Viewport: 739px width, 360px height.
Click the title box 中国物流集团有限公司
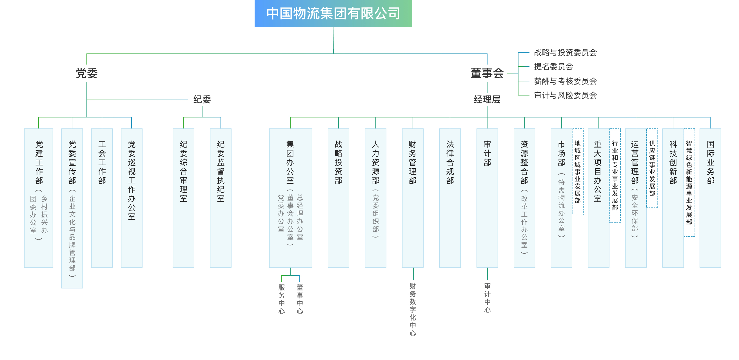(333, 14)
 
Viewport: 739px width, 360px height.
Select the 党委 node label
(87, 73)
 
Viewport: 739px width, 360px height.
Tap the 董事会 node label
(487, 73)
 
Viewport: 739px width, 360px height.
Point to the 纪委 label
(202, 99)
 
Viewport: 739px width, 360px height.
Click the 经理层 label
(487, 99)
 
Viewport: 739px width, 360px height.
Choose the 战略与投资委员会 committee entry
(565, 52)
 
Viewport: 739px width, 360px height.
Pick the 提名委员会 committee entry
(553, 66)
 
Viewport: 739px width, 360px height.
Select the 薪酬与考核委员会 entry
(565, 81)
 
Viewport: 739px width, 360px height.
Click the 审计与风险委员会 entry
(565, 95)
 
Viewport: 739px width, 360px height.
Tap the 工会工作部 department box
(102, 198)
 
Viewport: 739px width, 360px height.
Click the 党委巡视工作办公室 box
(132, 198)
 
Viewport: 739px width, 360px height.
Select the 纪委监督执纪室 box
(221, 198)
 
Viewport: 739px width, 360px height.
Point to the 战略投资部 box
(339, 198)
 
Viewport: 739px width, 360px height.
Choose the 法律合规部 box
(450, 198)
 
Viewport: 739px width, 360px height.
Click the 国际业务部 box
(710, 198)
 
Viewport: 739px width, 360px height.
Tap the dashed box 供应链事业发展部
(652, 168)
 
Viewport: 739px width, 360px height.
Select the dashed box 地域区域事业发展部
(578, 172)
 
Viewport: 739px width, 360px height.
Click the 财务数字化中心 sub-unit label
(413, 309)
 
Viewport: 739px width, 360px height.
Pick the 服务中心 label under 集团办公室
(281, 299)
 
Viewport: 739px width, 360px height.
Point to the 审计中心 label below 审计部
(487, 298)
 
